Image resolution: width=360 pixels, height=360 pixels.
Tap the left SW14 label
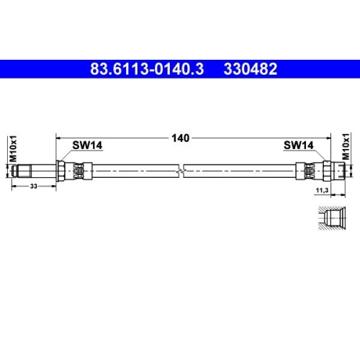[x=88, y=145]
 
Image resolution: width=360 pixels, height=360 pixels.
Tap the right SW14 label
[x=297, y=145]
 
